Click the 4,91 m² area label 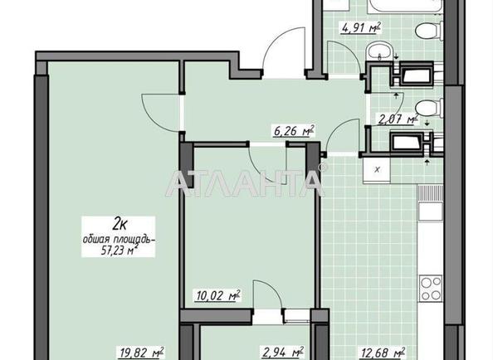[361, 27]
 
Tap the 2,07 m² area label [398, 119]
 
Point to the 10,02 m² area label [218, 295]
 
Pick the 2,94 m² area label [283, 353]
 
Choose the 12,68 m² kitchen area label [383, 353]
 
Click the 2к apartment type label [120, 224]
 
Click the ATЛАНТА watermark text [245, 182]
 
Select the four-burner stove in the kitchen [430, 289]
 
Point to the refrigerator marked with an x [377, 170]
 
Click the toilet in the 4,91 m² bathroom [429, 31]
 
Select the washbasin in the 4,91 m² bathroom [379, 50]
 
